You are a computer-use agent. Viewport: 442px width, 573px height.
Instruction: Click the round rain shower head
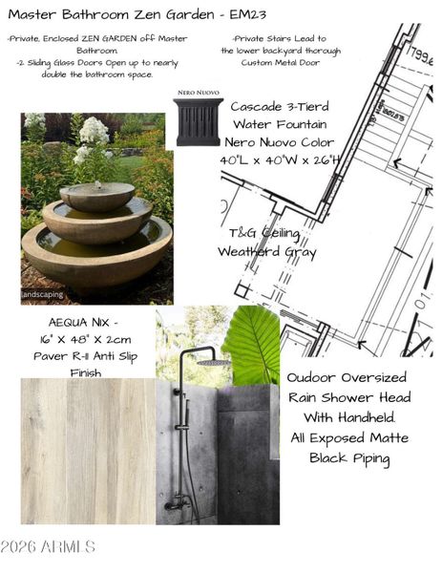[x=217, y=362]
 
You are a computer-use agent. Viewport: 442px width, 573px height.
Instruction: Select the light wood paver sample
[x=88, y=450]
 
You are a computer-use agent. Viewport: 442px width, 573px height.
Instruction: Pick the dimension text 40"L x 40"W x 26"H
[x=280, y=159]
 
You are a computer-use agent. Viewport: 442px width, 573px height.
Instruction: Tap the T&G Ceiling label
[x=263, y=233]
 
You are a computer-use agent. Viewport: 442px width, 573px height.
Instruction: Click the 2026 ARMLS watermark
[x=48, y=547]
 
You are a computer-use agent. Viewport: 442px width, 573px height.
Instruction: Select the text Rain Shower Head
[x=349, y=397]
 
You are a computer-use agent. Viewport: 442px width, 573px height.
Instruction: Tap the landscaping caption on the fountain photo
[x=43, y=295]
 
